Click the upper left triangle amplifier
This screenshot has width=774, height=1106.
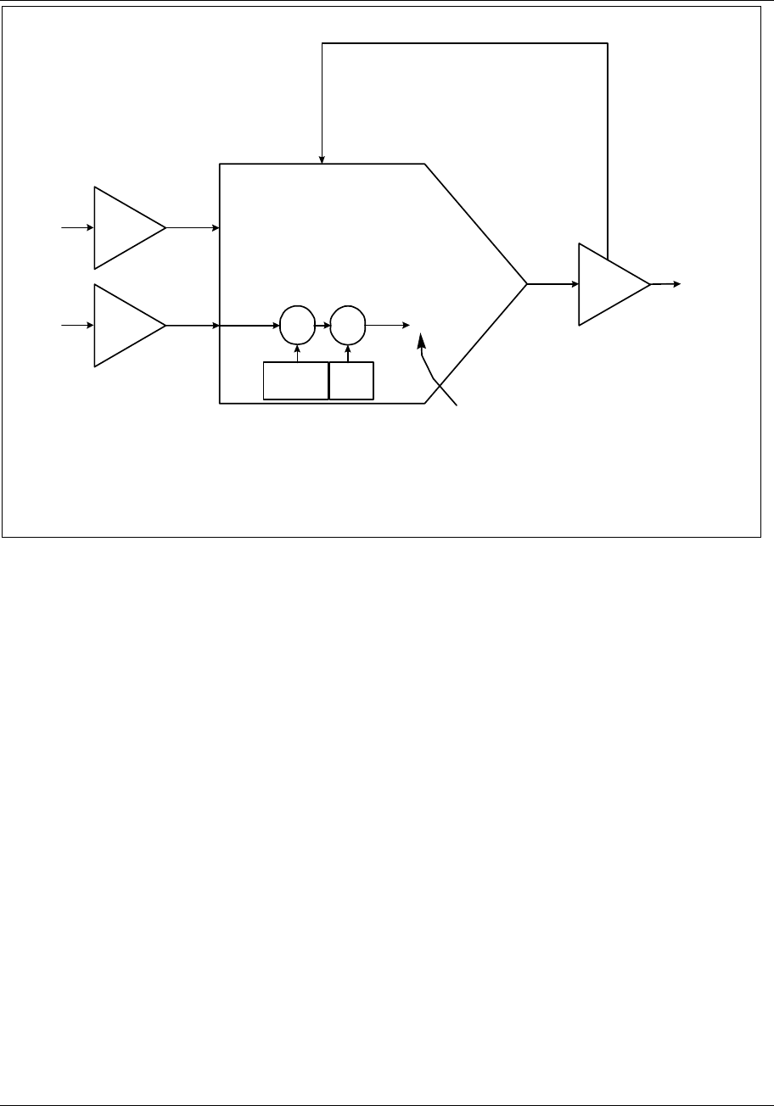pos(124,227)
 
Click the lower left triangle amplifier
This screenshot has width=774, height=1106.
pos(124,325)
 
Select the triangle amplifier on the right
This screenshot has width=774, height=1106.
pos(609,284)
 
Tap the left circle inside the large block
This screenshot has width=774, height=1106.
pos(297,325)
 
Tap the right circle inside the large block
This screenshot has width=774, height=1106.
pos(346,325)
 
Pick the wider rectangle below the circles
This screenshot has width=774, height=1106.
pos(295,380)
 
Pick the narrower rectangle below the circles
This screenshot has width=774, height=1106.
pos(351,380)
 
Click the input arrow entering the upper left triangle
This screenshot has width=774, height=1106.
pos(76,227)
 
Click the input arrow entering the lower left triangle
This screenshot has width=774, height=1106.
pos(76,325)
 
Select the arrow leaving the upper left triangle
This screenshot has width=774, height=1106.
pos(193,227)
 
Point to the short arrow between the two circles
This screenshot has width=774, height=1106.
pos(322,325)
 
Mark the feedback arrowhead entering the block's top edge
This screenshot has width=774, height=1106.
pos(322,159)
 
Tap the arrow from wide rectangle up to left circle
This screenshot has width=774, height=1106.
pos(297,352)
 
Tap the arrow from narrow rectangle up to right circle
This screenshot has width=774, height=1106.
pos(346,352)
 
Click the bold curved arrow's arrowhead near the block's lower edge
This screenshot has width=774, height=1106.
pos(421,341)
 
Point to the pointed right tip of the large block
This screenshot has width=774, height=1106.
pos(526,284)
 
